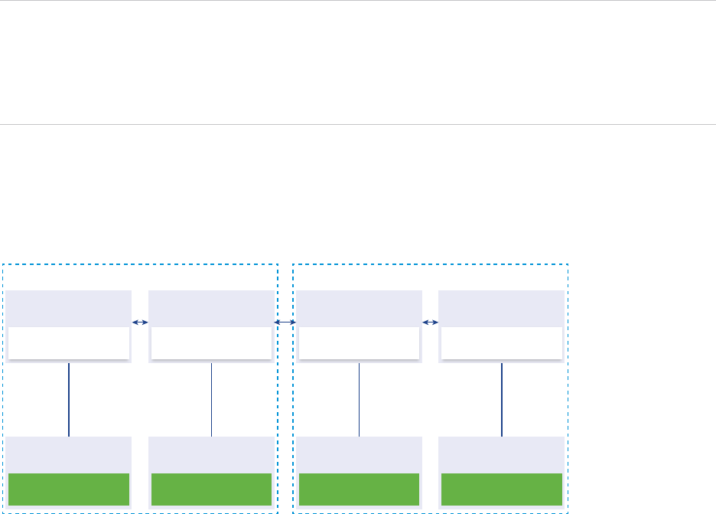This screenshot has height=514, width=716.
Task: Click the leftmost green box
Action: coord(69,489)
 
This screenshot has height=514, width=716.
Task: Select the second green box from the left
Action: coord(211,489)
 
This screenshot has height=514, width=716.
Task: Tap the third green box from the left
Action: coord(359,489)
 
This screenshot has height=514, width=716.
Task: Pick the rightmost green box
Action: coord(502,489)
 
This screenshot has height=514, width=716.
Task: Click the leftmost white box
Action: coord(69,343)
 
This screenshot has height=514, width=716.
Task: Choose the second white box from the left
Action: coord(211,343)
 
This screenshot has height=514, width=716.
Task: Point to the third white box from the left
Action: coord(359,343)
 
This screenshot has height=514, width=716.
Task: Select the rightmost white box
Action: coord(502,343)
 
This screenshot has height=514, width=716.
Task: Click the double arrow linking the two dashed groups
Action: coord(285,322)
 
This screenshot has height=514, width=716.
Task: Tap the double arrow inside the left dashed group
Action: coord(140,322)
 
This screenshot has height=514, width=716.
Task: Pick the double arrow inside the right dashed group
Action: coord(430,322)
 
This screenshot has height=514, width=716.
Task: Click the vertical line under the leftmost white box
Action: coord(69,399)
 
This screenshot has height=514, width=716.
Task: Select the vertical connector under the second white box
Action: coord(211,399)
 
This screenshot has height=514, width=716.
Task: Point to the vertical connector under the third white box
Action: coord(359,399)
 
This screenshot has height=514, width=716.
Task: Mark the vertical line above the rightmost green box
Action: coord(502,399)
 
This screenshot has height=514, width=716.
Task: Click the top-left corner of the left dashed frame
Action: coord(3,265)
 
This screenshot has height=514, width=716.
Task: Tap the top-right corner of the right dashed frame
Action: coord(568,265)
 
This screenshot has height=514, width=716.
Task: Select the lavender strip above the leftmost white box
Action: coord(69,308)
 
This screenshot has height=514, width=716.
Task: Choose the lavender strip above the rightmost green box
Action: coord(502,454)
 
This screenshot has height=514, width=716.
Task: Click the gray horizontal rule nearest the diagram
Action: coord(358,124)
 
